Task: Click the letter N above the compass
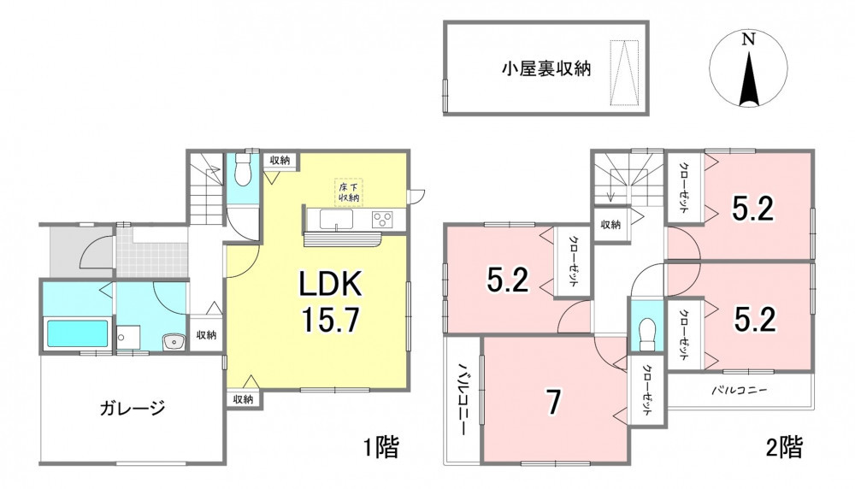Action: pos(749,38)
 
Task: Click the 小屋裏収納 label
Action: pos(546,68)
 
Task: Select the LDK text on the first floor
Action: pos(329,285)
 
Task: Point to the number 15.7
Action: pos(330,320)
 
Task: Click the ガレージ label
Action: pos(133,408)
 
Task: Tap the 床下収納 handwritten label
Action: pos(349,192)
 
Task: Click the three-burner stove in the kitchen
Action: pos(381,219)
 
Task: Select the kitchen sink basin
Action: pos(336,221)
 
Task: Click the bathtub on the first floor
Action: pos(77,333)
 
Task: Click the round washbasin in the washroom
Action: pos(174,342)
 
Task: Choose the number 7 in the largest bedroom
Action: pos(553,403)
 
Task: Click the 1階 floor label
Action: pos(381,447)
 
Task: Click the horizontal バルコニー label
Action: pos(740,391)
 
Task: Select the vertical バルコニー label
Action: pos(463,398)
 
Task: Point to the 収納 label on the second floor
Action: pos(610,224)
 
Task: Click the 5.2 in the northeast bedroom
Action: pos(752,209)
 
